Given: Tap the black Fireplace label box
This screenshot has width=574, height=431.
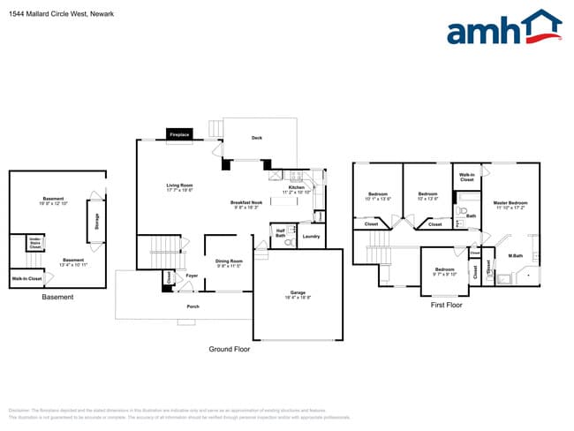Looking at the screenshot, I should point(180,135).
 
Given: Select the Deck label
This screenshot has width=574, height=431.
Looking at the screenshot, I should point(257,138).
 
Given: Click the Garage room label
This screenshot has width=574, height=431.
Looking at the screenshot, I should point(298,292).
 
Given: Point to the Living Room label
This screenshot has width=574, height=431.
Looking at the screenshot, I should point(180,185).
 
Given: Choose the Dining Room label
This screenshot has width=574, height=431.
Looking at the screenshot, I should point(229,260).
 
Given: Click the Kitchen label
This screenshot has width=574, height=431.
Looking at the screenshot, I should point(296,187).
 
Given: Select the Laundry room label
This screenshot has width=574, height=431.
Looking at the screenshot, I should point(310,236).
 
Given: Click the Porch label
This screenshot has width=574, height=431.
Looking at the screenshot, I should point(193,306).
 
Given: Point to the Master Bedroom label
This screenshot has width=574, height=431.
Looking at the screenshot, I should point(510,202).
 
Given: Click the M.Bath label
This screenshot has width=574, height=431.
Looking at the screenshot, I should point(515,256).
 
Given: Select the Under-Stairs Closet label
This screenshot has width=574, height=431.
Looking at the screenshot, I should point(35,243).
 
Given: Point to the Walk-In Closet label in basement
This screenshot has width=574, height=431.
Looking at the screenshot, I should point(26,279).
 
